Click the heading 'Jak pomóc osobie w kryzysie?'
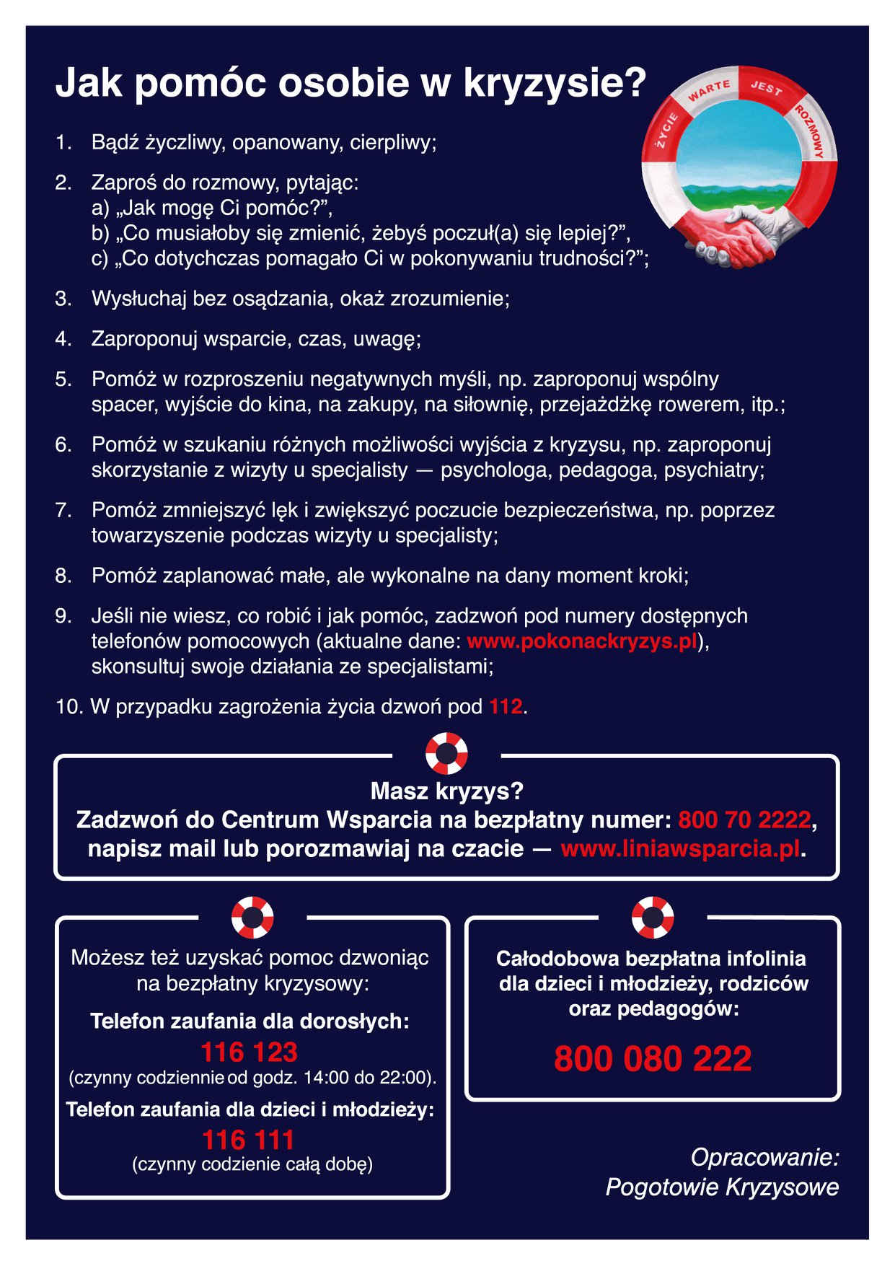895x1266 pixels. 350,84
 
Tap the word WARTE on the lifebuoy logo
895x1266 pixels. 709,91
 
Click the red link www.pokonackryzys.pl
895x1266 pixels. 582,641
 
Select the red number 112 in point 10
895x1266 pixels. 506,706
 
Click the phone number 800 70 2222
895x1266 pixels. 744,820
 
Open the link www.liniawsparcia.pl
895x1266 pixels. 680,848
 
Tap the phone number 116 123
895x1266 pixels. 249,1052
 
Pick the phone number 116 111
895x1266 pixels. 249,1140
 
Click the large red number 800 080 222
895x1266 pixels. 653,1059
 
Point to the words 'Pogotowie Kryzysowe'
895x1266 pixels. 722,1187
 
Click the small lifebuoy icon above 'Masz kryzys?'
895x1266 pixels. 446,754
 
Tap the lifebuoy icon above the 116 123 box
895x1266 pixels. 252,918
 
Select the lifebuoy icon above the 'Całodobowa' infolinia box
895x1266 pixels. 653,918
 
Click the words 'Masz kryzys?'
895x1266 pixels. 446,791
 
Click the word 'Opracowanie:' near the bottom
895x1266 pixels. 764,1157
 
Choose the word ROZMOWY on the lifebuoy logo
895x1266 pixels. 811,131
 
